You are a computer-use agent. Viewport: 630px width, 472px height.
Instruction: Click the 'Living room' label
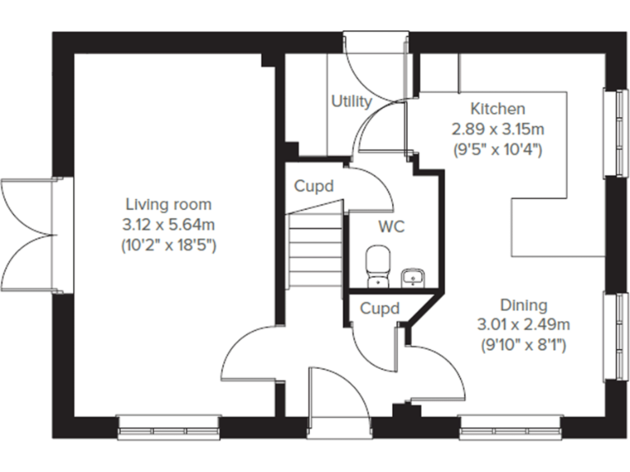[168, 204]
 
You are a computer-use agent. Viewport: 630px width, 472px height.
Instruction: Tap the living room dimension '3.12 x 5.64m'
[168, 225]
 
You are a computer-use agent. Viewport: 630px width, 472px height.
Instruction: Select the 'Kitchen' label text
[497, 109]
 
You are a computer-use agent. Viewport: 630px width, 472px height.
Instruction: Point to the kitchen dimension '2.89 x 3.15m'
[497, 129]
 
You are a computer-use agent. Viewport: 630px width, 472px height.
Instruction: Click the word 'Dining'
[526, 305]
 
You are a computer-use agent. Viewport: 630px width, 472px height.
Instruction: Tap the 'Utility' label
[351, 102]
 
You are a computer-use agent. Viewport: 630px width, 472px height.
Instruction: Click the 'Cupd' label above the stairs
[314, 187]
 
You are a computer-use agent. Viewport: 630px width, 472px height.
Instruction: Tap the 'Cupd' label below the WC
[380, 309]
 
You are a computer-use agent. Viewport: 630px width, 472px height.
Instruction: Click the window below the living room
[169, 425]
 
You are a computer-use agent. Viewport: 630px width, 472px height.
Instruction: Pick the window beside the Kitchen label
[613, 131]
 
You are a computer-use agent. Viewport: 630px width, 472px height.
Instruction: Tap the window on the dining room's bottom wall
[510, 425]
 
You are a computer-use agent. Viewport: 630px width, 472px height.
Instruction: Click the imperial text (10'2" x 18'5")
[168, 245]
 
